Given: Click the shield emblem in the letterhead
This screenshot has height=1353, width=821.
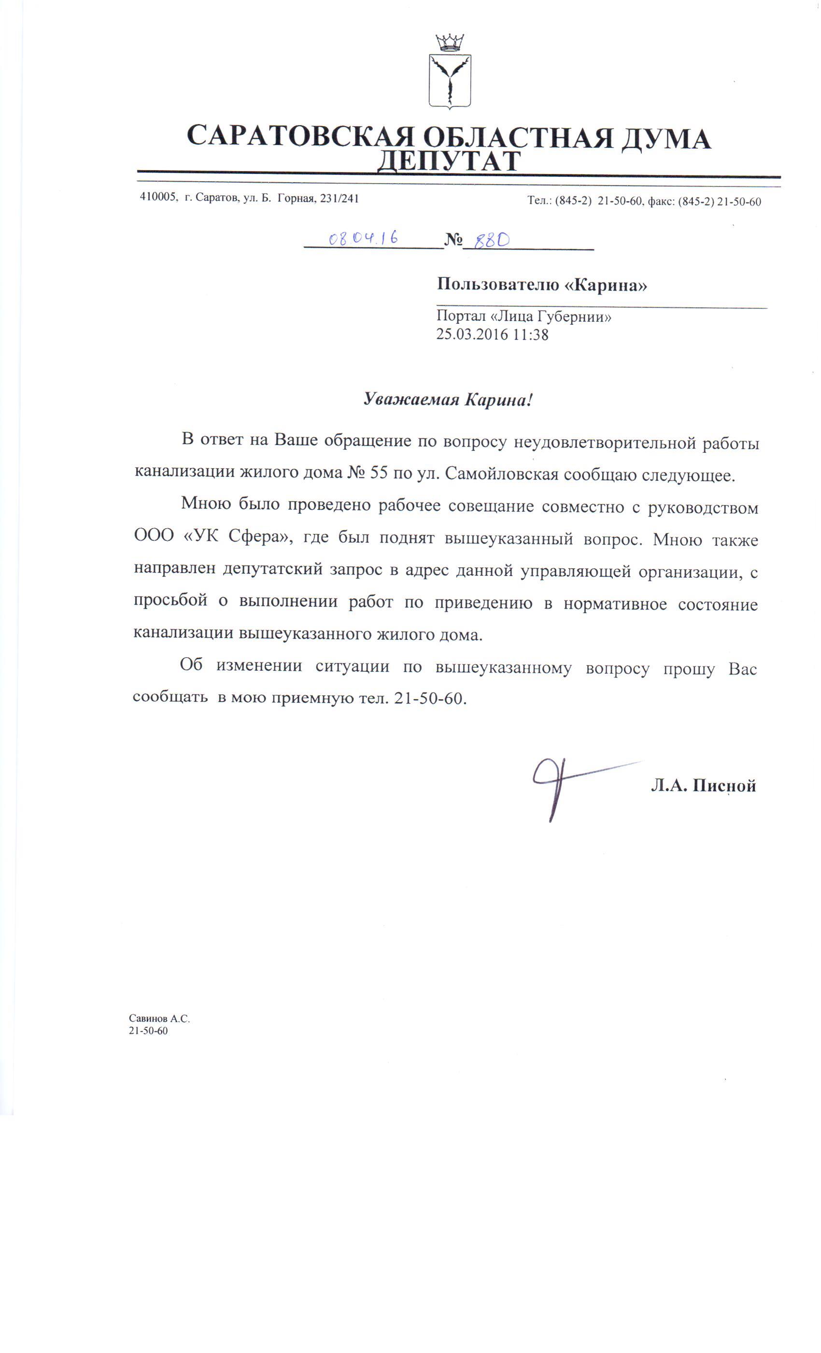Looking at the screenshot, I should [450, 81].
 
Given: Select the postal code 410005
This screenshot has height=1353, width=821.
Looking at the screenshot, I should [157, 198].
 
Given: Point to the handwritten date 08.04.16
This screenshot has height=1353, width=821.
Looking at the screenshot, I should [363, 238].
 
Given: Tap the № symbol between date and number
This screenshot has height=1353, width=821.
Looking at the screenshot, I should [453, 240].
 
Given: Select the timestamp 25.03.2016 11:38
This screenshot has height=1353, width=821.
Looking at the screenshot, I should [492, 334].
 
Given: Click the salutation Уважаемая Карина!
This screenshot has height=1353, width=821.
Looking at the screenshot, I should [448, 399].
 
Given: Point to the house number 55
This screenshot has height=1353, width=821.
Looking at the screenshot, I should [379, 474].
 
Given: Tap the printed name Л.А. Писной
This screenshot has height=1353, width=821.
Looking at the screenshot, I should [703, 786].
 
